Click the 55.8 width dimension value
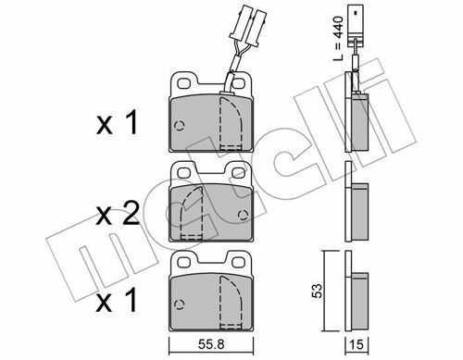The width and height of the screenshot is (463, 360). coord(210,344)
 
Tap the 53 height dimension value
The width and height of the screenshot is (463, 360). coord(317,291)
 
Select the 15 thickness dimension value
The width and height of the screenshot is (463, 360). coord(357,344)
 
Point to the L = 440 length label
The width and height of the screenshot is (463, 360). coord(339,39)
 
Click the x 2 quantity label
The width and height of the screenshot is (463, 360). coord(118,214)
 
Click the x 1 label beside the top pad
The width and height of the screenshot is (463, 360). coord(117,123)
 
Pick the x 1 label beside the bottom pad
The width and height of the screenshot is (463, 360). coord(117,300)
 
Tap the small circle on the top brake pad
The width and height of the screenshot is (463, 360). coord(180,126)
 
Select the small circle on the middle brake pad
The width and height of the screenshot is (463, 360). coord(244,215)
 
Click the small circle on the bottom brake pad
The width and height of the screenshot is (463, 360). coord(180,304)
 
